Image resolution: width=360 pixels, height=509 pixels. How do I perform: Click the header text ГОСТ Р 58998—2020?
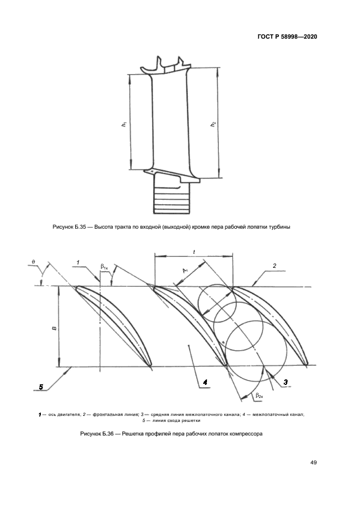(287, 37)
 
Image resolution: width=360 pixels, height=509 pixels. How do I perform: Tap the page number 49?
(314, 463)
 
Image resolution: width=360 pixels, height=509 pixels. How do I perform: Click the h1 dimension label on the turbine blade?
(124, 125)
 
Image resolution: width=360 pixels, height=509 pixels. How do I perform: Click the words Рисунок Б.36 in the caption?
(97, 434)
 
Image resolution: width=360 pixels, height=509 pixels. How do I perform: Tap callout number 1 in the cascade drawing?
(78, 262)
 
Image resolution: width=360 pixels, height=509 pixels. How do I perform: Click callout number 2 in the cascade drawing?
(274, 266)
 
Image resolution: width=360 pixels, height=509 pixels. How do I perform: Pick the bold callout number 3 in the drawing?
(285, 383)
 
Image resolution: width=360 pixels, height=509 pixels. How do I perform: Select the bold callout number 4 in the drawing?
(205, 383)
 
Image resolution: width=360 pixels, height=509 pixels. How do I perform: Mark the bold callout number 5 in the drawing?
(41, 387)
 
